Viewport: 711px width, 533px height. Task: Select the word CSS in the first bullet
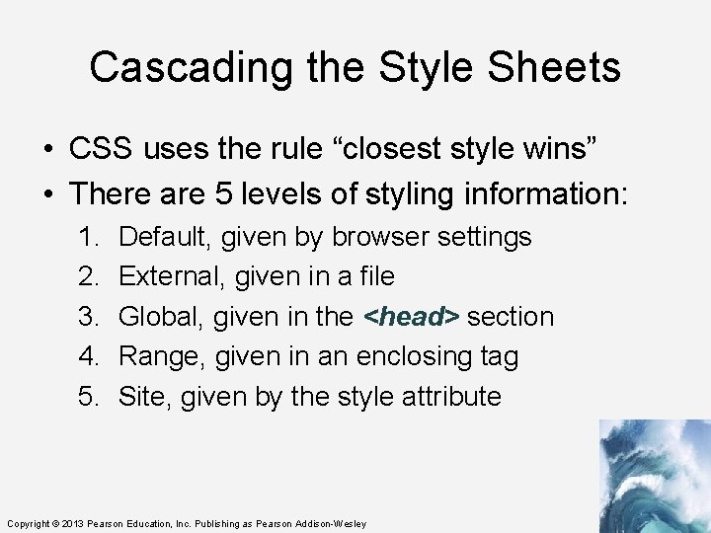click(102, 149)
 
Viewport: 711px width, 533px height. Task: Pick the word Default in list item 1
click(165, 237)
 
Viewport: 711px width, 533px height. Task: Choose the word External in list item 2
click(171, 277)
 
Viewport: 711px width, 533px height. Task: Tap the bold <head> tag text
click(412, 317)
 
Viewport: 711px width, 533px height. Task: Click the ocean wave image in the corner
click(654, 476)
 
